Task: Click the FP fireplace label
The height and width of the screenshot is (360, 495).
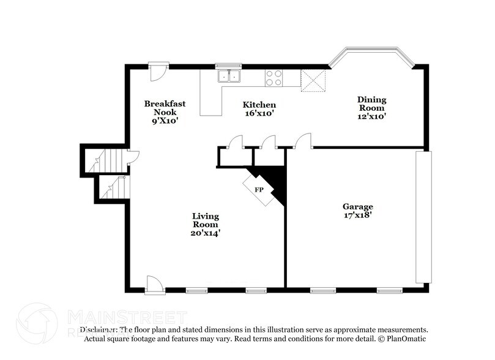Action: coord(259,189)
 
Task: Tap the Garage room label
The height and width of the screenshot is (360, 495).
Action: coord(357,206)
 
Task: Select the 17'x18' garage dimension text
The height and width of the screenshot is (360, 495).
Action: coord(357,216)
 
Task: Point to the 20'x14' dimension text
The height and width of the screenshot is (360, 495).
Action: coord(206,233)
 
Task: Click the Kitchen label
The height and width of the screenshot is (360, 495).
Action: coord(259,105)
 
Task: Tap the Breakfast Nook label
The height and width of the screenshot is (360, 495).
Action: coord(165,108)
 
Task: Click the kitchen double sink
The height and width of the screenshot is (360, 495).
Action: coord(230,77)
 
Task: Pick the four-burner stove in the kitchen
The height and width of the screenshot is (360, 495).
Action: coord(274,77)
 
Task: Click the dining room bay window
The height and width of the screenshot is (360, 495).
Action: coord(372,57)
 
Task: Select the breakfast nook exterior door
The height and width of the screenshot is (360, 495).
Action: coord(158,70)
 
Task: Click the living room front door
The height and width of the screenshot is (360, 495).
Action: coord(155,284)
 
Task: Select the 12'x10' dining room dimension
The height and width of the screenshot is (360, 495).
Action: coord(372,116)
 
